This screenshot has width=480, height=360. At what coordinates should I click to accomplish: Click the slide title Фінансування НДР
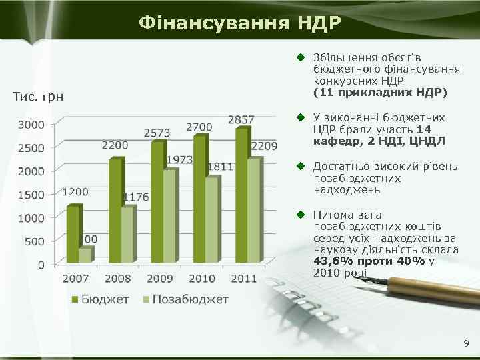240,23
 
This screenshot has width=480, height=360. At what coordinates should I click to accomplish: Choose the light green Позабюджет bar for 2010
211,220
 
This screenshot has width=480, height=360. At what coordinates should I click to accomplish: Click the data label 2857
241,119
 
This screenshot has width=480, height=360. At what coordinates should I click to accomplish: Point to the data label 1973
179,160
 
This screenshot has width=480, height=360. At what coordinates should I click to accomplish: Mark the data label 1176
136,197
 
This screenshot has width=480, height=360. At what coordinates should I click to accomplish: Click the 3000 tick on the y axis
31,125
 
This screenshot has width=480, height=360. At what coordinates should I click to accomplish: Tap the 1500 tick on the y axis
31,195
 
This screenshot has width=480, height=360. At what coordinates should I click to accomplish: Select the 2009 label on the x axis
159,278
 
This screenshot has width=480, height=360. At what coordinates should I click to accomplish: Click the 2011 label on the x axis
243,278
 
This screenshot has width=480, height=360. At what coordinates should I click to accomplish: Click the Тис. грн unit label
39,98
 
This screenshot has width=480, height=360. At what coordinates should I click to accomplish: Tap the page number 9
466,344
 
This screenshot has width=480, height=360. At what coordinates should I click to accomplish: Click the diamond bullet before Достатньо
301,166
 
